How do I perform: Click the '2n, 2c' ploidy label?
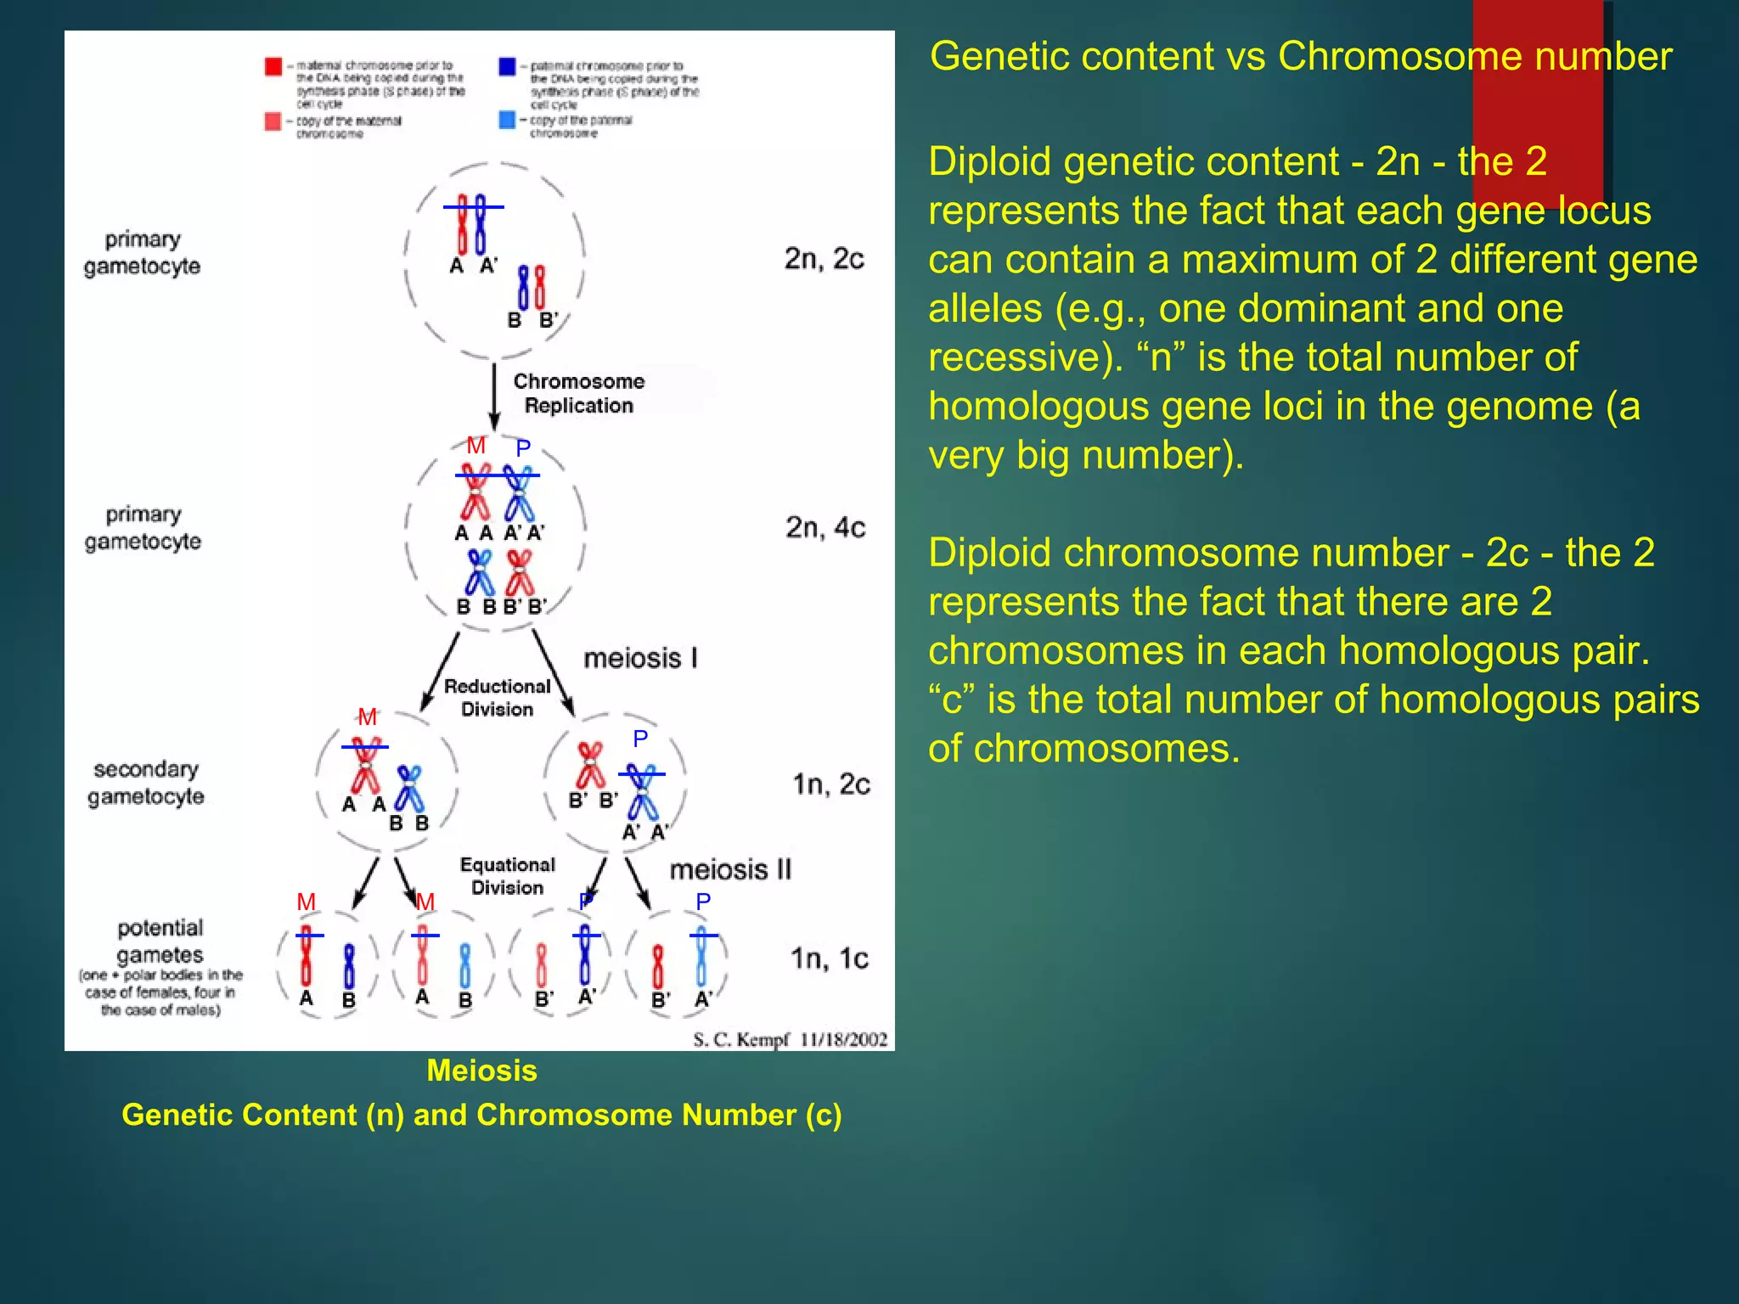pyautogui.click(x=824, y=259)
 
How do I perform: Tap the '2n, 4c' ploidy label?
pyautogui.click(x=824, y=528)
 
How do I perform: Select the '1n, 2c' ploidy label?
pyautogui.click(x=831, y=784)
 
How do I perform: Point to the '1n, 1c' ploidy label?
pyautogui.click(x=830, y=959)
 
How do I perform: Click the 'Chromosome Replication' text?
pyautogui.click(x=579, y=393)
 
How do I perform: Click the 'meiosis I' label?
pyautogui.click(x=640, y=658)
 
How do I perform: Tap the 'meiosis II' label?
pyautogui.click(x=730, y=869)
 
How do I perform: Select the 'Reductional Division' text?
pyautogui.click(x=498, y=697)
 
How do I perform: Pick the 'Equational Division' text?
pyautogui.click(x=508, y=875)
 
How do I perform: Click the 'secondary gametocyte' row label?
pyautogui.click(x=146, y=783)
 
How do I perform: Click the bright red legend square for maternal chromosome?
pyautogui.click(x=273, y=66)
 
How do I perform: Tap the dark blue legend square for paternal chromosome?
pyautogui.click(x=507, y=66)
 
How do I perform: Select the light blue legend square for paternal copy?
pyautogui.click(x=507, y=120)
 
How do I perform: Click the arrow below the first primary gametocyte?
pyautogui.click(x=494, y=396)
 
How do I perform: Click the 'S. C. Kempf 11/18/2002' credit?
pyautogui.click(x=790, y=1040)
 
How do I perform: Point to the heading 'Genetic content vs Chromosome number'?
pyautogui.click(x=1300, y=57)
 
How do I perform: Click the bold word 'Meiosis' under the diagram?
pyautogui.click(x=481, y=1071)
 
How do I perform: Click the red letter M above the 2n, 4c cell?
pyautogui.click(x=476, y=446)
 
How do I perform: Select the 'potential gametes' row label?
pyautogui.click(x=160, y=941)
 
